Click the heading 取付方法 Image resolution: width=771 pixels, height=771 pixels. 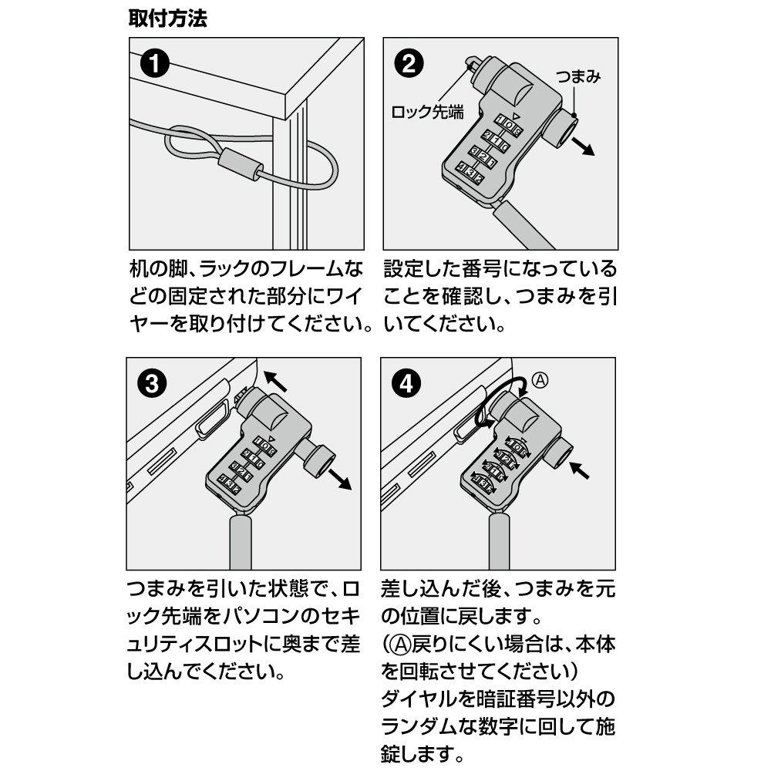click(x=167, y=19)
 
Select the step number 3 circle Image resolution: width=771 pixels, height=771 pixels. click(x=154, y=383)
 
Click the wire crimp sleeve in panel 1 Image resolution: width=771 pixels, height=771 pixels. click(x=241, y=164)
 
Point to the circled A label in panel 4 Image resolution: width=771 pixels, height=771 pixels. click(x=542, y=379)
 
